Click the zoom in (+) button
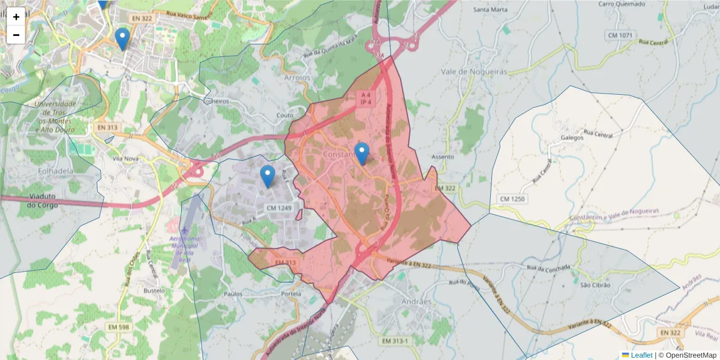pos(16,17)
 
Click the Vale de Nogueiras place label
pos(474,71)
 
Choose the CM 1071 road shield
pos(620,35)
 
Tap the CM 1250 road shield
pos(512,199)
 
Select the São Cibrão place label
pos(595,285)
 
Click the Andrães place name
pos(416,301)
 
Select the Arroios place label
pos(297,77)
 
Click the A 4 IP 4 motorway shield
pos(364,98)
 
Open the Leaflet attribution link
pos(641,355)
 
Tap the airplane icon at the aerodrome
pos(184,230)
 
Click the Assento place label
pos(443,157)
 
